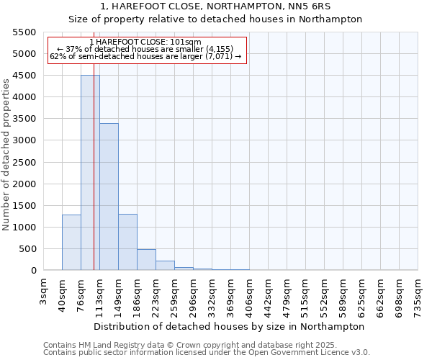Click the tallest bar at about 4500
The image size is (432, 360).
tap(90, 173)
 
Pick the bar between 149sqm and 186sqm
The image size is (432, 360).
tap(127, 242)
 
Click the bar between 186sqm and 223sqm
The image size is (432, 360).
tap(146, 260)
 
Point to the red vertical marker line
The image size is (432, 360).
tap(94, 180)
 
